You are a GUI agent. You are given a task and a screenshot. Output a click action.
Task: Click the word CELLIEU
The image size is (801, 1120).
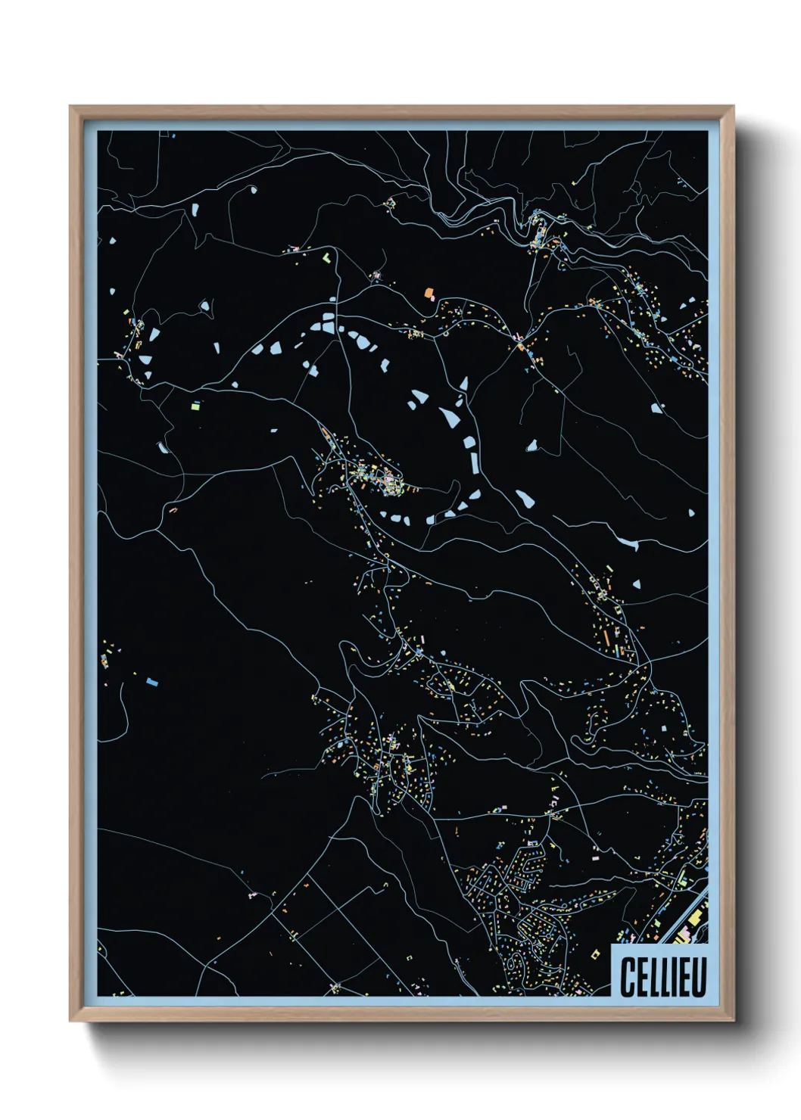click(662, 977)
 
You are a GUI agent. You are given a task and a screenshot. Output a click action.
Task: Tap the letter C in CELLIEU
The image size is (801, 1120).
click(628, 977)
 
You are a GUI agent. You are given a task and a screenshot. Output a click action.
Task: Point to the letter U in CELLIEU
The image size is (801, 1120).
click(698, 977)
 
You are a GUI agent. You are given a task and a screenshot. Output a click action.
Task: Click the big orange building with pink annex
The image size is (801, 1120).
click(429, 292)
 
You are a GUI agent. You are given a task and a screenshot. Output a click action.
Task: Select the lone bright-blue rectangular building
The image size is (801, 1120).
click(152, 682)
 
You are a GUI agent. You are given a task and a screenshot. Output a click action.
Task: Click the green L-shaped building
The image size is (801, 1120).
click(327, 257)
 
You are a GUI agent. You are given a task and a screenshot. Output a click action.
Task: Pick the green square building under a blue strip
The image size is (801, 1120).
click(195, 407)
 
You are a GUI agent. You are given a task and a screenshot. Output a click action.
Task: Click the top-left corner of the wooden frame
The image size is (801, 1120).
click(70, 107)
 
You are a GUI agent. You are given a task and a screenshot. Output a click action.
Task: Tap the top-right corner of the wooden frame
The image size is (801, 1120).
click(733, 107)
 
